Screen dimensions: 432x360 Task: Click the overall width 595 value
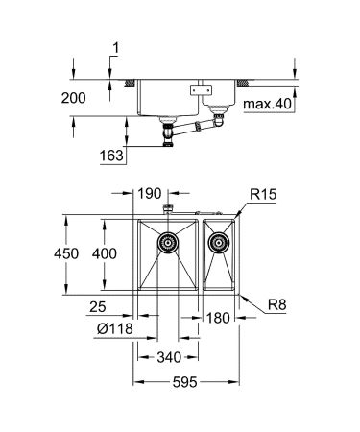click(x=185, y=382)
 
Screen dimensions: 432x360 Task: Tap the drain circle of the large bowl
click(x=168, y=244)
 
